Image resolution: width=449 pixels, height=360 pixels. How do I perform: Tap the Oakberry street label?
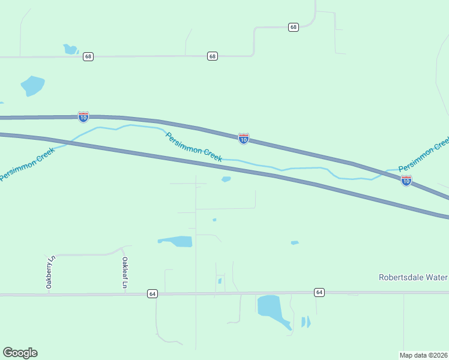coord(50,272)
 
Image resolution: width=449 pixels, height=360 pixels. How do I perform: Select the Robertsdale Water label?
coord(413,277)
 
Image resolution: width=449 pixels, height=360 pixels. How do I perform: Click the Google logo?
coord(20,353)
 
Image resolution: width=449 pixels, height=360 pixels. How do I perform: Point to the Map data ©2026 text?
coord(423,355)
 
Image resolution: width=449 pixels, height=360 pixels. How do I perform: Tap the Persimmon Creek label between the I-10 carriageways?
coord(194,147)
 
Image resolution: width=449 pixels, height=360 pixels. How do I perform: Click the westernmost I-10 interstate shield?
coord(83,116)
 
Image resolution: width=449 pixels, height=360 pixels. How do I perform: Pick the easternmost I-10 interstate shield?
coord(406,181)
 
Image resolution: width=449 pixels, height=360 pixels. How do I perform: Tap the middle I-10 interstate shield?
coord(243,139)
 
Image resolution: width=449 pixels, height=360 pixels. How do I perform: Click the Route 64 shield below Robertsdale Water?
coord(319,292)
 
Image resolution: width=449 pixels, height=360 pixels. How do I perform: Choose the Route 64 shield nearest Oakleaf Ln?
coord(152,293)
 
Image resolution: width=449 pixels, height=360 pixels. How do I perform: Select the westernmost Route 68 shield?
coord(89,56)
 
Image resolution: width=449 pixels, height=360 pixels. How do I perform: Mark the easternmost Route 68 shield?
coord(293,27)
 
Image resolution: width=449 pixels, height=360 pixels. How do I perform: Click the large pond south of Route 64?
coord(270,307)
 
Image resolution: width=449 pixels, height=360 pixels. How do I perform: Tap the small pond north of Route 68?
coord(70,49)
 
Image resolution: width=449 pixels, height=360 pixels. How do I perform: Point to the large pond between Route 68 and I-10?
coord(32,85)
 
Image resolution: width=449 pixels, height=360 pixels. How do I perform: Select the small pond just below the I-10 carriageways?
coord(226,178)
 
